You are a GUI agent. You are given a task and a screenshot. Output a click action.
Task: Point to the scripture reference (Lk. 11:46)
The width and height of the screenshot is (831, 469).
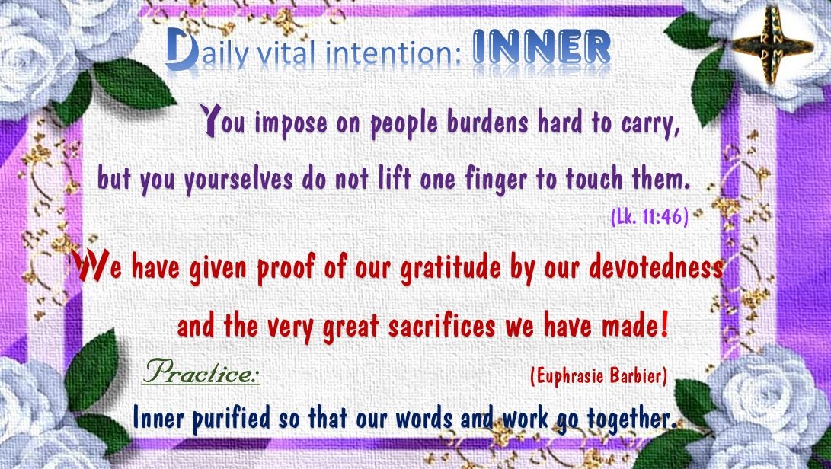point(649,217)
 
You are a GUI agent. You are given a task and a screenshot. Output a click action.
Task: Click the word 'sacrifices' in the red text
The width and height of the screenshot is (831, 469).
point(441,327)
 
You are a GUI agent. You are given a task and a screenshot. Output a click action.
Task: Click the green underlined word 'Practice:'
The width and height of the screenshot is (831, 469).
point(201,372)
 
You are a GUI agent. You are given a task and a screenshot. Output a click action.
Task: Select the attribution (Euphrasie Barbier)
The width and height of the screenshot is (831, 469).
point(599,377)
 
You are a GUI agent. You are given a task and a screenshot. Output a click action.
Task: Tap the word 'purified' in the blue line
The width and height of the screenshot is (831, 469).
point(231,417)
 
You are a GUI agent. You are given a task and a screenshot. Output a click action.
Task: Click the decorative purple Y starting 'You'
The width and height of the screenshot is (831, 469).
point(210,120)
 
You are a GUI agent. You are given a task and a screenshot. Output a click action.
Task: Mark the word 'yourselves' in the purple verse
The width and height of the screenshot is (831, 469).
point(238,180)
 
